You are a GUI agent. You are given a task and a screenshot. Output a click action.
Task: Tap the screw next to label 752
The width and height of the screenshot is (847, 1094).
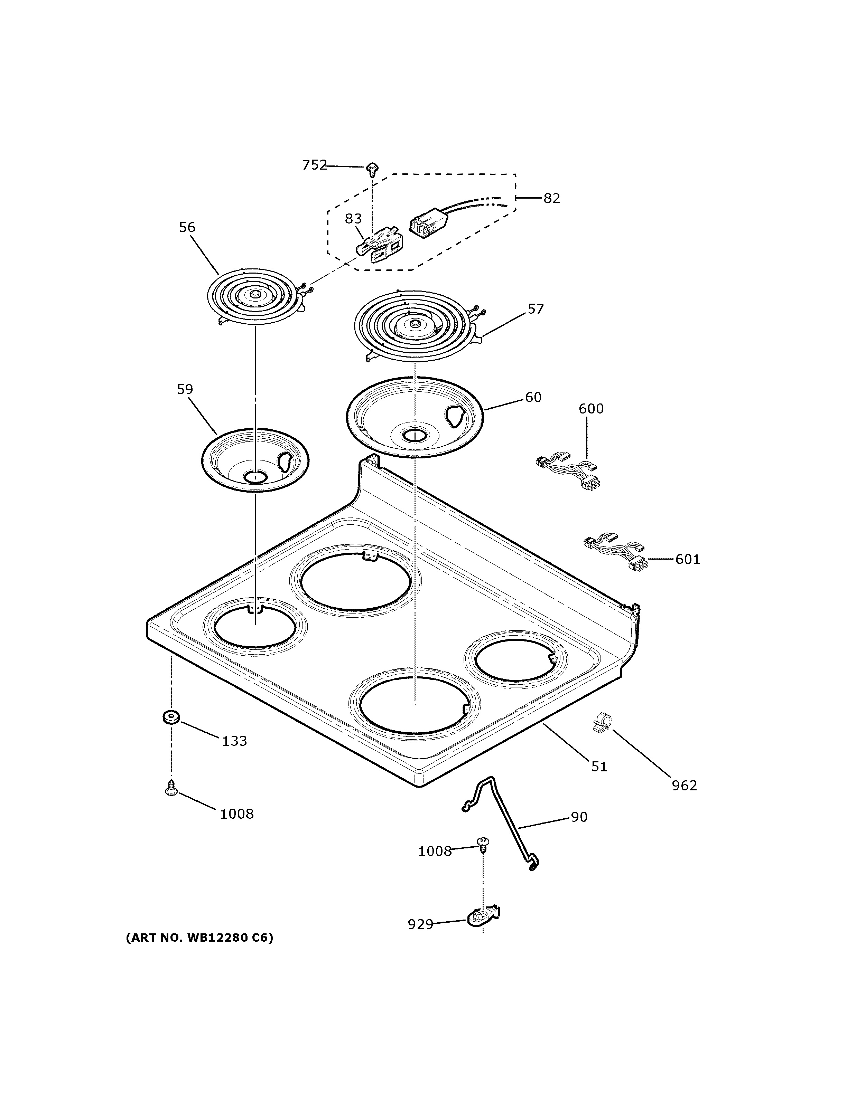(372, 169)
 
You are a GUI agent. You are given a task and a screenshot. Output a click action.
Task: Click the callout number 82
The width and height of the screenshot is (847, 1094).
(551, 198)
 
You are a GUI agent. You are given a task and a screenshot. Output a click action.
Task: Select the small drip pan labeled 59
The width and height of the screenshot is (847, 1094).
(254, 460)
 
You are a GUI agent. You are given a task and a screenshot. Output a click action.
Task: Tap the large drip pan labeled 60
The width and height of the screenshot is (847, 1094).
(415, 417)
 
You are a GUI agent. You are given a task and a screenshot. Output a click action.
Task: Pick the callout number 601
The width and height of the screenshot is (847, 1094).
(687, 559)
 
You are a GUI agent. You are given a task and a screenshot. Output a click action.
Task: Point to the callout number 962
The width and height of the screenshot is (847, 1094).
(684, 786)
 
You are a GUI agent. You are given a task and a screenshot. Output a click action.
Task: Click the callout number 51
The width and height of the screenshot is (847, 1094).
(599, 767)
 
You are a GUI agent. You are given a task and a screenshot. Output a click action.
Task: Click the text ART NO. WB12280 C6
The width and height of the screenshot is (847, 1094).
(199, 938)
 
